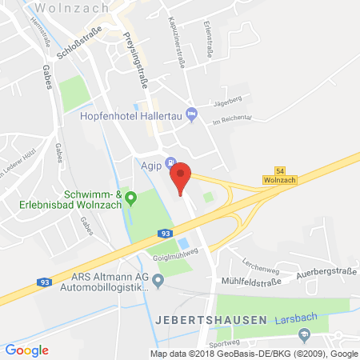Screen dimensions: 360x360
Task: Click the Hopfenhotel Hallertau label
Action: (x=133, y=116)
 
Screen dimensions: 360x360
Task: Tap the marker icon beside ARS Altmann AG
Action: (x=158, y=280)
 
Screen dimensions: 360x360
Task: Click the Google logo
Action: (x=27, y=350)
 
